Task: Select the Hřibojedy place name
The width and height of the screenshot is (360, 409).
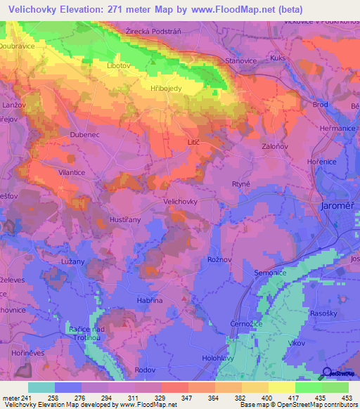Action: pos(167,89)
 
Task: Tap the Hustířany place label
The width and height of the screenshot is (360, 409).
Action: pos(127,220)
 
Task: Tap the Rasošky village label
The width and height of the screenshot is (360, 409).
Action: pos(323,313)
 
